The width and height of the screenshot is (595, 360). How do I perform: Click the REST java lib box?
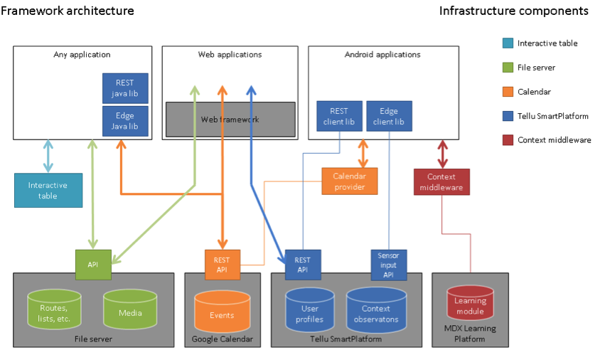tap(125, 88)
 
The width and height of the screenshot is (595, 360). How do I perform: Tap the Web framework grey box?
tap(230, 120)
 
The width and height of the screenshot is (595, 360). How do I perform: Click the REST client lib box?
tap(339, 117)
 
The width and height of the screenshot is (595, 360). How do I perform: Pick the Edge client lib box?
tap(389, 117)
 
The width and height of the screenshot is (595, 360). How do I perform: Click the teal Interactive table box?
tap(48, 190)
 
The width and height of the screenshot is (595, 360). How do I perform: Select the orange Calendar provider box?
tap(350, 181)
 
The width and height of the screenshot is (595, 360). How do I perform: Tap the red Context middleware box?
tap(441, 182)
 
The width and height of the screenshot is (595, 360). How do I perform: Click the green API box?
tap(93, 263)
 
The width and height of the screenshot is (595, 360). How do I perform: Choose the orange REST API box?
tap(223, 265)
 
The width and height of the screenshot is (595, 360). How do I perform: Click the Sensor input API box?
tap(388, 265)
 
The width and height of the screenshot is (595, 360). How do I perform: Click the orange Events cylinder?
tap(222, 314)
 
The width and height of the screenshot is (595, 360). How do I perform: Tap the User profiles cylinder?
tap(309, 313)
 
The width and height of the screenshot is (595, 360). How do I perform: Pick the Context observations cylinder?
tap(376, 313)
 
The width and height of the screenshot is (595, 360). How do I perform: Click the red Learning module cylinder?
tap(470, 305)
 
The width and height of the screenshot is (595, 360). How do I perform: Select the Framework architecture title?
tap(67, 11)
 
